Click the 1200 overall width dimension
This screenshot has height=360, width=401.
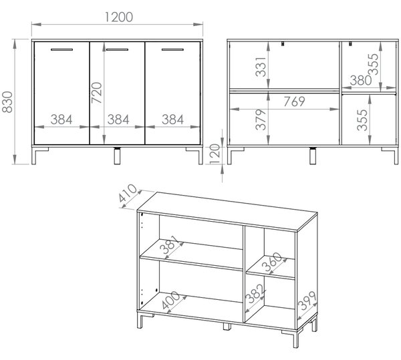click(119, 17)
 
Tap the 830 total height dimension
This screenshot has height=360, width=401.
click(7, 102)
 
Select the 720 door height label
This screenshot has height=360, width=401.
click(97, 92)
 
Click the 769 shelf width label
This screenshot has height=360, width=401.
click(294, 102)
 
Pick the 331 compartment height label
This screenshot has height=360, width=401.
click(261, 67)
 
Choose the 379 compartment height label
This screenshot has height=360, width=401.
click(261, 120)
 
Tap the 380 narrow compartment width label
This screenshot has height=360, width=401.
click(361, 81)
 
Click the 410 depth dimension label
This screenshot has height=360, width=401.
click(128, 193)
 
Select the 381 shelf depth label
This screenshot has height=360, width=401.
click(170, 244)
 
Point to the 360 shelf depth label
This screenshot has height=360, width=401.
click(271, 261)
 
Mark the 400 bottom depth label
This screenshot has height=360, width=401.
click(171, 300)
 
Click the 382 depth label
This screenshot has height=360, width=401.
click(254, 293)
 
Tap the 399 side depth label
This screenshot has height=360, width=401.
click(307, 301)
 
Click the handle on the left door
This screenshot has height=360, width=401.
click(61, 49)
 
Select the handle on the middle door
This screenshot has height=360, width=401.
click(117, 49)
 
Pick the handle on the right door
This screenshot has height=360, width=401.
click(172, 49)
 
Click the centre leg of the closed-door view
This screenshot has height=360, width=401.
click(117, 156)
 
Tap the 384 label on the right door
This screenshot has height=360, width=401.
click(172, 120)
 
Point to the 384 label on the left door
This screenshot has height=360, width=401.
click(61, 120)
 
